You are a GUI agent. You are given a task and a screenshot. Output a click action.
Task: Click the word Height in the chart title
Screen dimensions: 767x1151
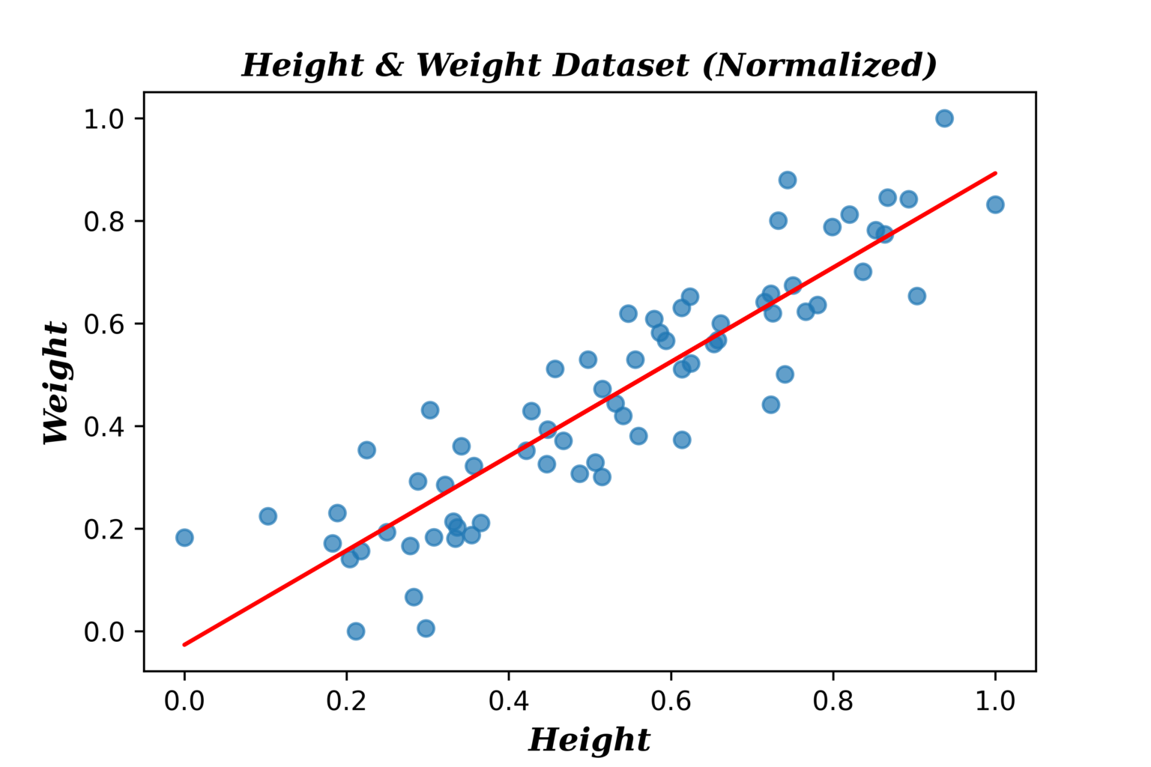coord(302,65)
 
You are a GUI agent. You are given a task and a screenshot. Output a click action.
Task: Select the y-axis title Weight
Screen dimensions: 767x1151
coord(56,383)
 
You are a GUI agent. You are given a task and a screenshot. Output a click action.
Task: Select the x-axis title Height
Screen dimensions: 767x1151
coord(589,740)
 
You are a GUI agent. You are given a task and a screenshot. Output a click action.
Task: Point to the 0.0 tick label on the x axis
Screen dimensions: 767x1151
coord(184,701)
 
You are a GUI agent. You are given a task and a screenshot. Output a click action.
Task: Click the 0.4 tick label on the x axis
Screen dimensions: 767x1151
coord(509,701)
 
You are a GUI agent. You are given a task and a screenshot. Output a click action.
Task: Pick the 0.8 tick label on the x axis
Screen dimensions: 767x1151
coord(833,701)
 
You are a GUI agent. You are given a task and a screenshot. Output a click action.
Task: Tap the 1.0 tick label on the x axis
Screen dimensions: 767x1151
coord(995,701)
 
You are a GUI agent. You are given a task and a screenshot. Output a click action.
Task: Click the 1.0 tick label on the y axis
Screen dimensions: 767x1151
coord(103,119)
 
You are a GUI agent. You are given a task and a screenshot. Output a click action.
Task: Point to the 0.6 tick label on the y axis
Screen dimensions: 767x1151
coord(103,324)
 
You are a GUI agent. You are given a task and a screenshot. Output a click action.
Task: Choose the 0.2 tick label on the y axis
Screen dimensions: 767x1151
coord(103,530)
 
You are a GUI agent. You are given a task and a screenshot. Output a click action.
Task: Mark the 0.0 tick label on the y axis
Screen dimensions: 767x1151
coord(103,632)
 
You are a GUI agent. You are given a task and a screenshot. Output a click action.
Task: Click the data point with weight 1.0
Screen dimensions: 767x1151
coord(944,118)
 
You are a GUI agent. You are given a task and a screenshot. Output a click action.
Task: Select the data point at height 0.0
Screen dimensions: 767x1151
coord(184,537)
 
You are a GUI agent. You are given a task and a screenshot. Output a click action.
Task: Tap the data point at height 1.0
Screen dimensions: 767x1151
coord(995,204)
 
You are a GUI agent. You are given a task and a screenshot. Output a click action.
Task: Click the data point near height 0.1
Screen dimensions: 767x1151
coord(268,516)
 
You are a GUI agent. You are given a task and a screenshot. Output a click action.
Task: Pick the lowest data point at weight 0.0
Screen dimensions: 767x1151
coord(356,631)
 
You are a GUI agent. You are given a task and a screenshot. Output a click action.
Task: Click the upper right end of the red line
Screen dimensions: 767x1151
coord(995,173)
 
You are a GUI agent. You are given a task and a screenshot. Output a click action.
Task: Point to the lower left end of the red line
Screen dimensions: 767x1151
coord(184,644)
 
